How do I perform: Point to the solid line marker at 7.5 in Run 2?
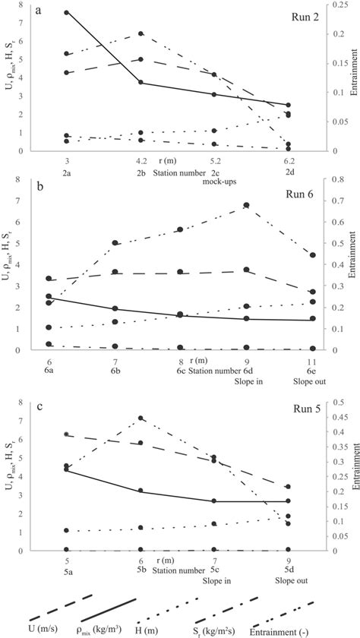pos(68,13)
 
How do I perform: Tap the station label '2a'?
pos(68,172)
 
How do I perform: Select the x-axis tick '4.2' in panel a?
pos(141,161)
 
